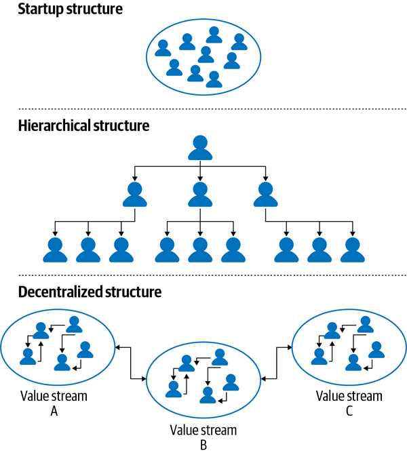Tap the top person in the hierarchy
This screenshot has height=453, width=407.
tap(199, 147)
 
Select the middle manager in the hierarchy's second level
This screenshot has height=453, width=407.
tap(199, 194)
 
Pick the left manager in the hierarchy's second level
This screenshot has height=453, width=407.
tap(134, 194)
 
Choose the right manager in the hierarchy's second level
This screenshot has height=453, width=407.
tap(265, 194)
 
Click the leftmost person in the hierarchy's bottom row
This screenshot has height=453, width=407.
tap(55, 250)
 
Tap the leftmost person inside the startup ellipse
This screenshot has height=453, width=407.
tap(163, 47)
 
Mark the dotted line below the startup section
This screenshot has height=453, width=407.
tap(203, 109)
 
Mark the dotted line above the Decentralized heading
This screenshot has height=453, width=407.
tap(203, 275)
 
